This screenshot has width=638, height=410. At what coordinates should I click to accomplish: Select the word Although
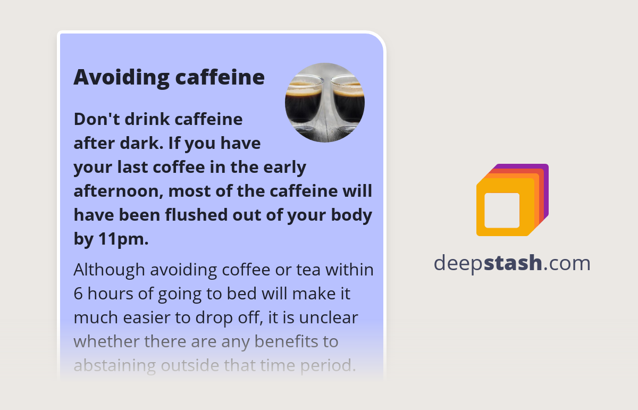[109, 270]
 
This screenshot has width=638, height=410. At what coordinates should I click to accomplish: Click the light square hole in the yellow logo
[502, 210]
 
